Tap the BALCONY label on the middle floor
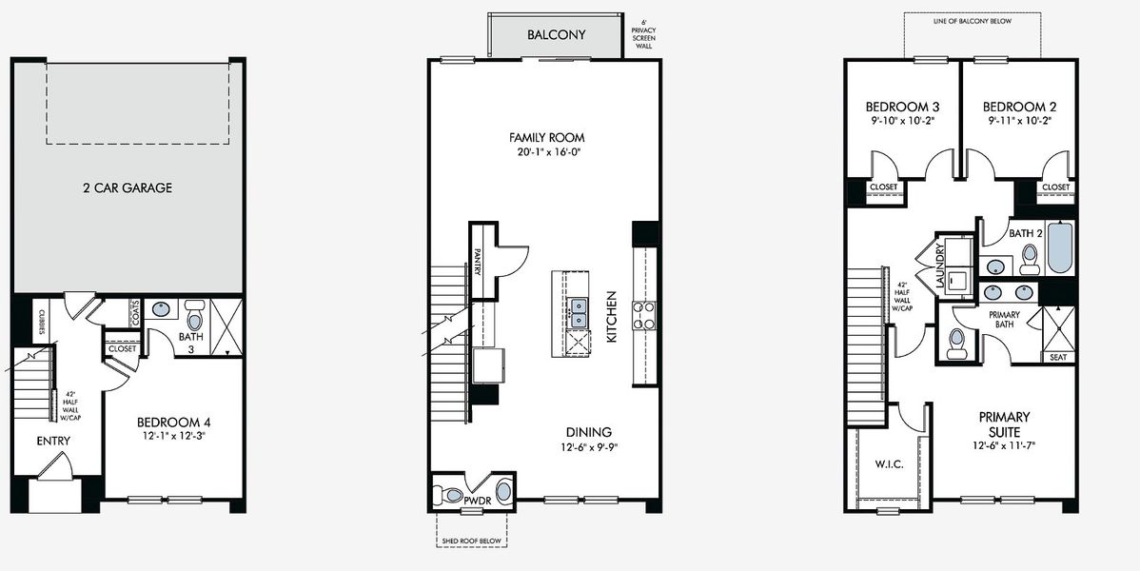[557, 35]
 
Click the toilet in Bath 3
[195, 313]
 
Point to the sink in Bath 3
[163, 308]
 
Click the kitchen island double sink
[577, 314]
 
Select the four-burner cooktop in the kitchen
[643, 315]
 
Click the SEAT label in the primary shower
[1058, 358]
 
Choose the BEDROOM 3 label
[902, 107]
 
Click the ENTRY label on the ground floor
[53, 442]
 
